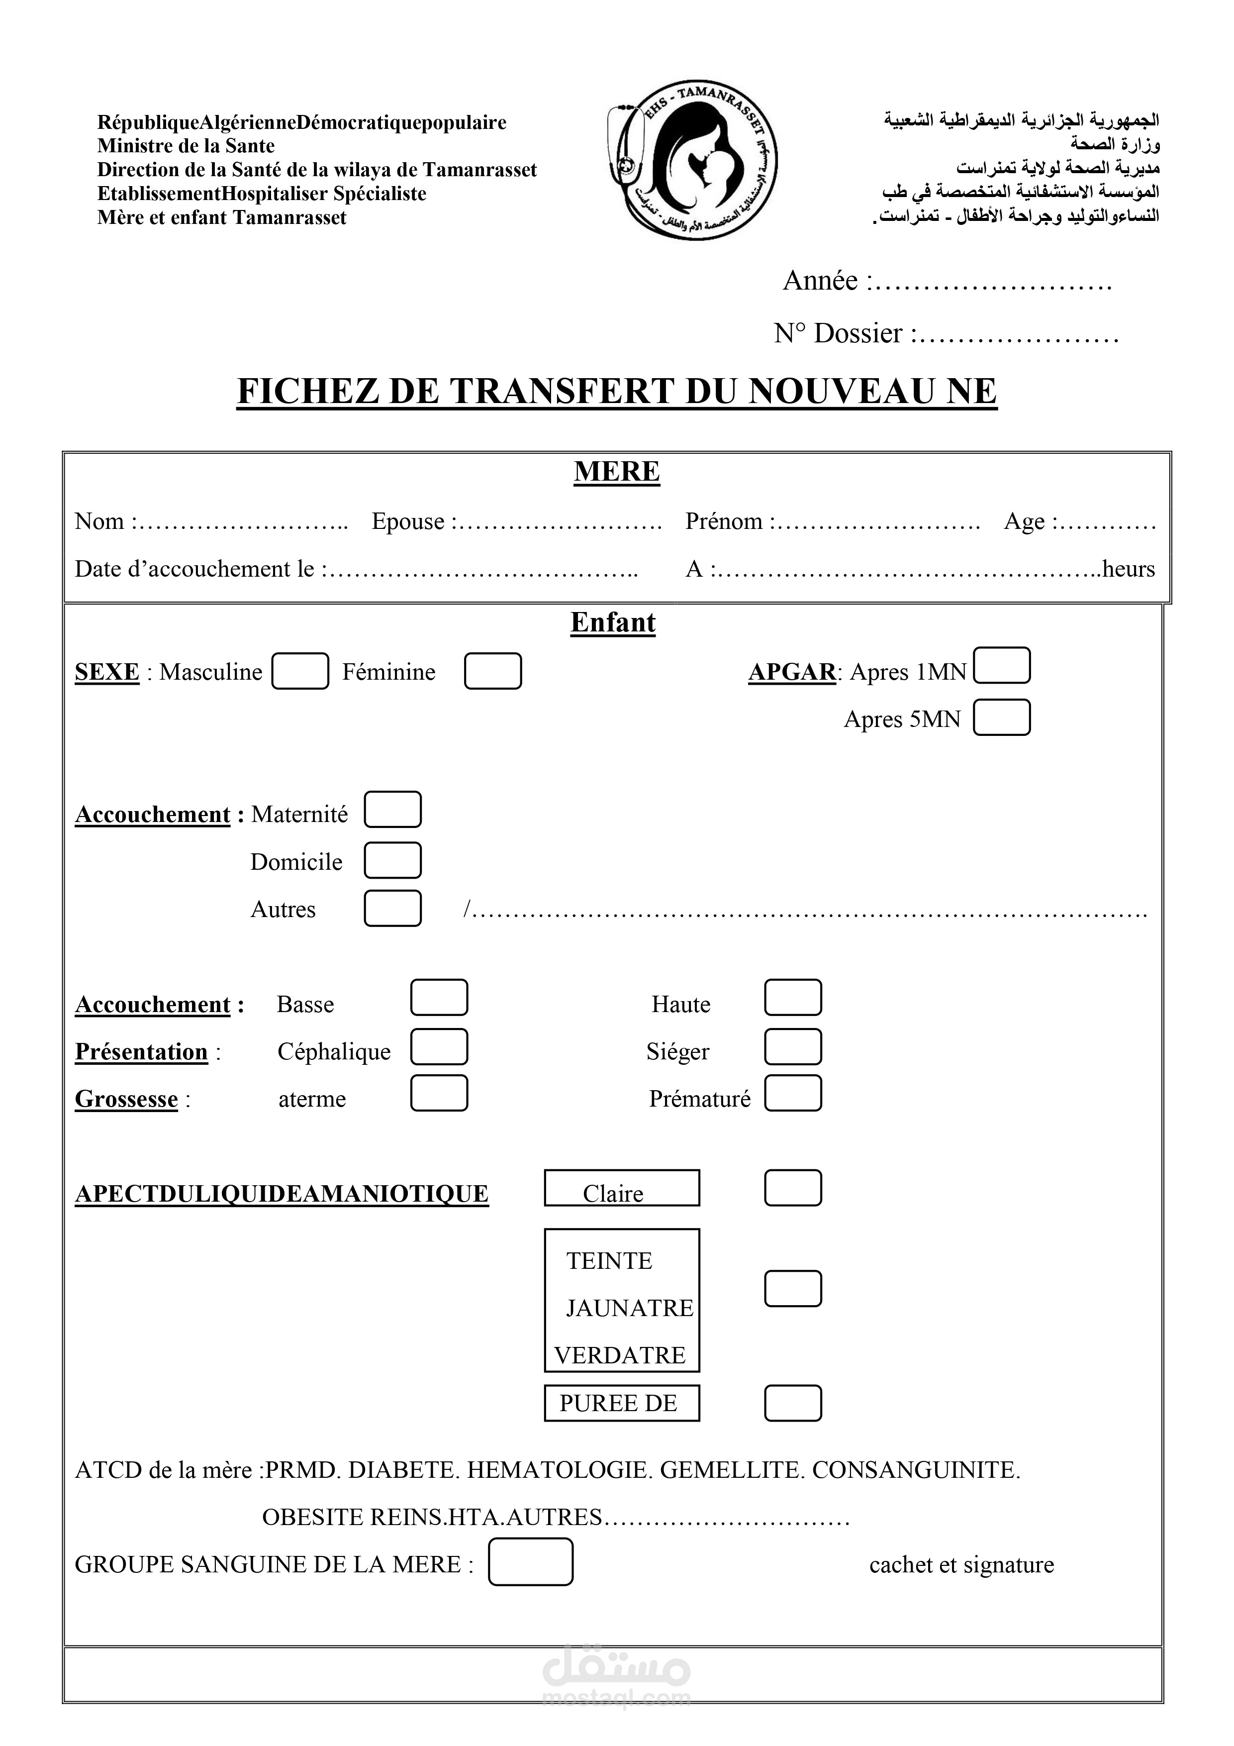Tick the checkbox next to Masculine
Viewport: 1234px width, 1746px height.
coord(300,671)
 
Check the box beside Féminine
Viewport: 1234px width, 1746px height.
coord(493,671)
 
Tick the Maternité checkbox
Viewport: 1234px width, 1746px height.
coord(392,810)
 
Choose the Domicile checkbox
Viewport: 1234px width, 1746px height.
coord(392,860)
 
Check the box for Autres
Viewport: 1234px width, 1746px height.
coord(392,908)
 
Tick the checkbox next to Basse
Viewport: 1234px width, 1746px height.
coord(439,998)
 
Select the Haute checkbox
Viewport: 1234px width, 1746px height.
coord(792,998)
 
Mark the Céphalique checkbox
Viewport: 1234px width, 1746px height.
coord(439,1047)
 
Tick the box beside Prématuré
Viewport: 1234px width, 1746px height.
coord(792,1094)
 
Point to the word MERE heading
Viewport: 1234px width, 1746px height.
coord(617,472)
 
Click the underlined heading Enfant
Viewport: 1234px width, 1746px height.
coord(613,622)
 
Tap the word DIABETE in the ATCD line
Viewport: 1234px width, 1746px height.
coord(403,1470)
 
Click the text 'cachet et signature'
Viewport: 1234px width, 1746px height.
coord(961,1565)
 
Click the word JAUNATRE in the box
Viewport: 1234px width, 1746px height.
coord(630,1308)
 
